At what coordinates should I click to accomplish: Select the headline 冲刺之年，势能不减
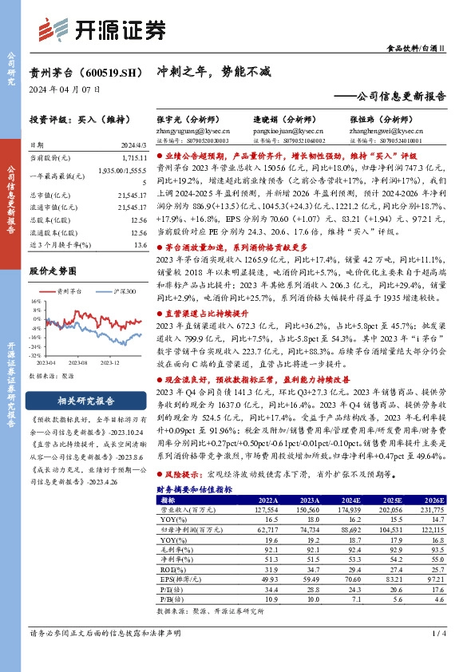click(200, 70)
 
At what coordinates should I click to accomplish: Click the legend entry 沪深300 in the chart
click(121, 292)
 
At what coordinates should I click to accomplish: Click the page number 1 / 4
click(438, 633)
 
